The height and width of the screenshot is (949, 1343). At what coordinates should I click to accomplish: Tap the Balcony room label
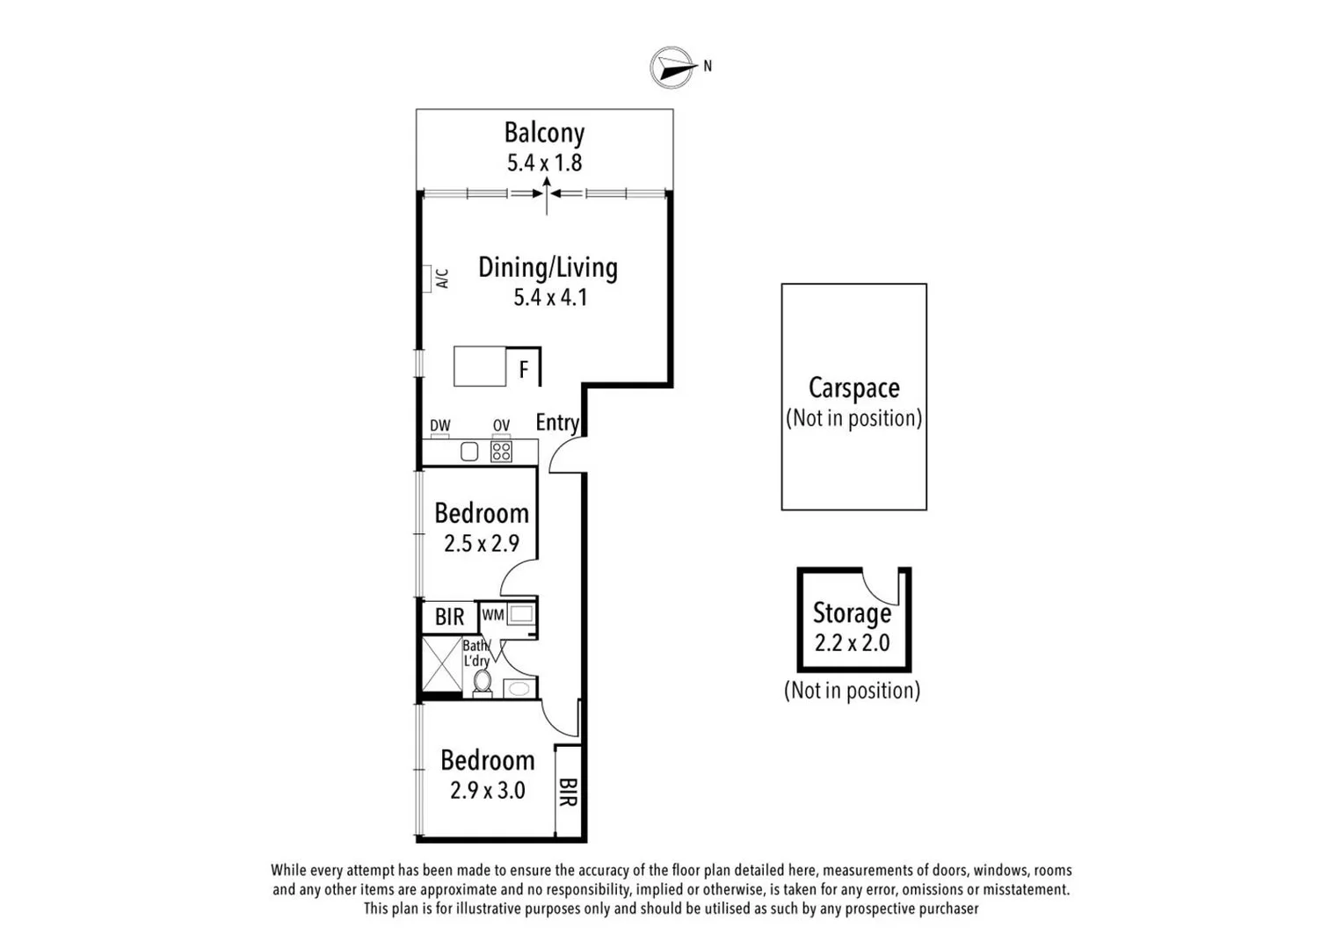click(544, 133)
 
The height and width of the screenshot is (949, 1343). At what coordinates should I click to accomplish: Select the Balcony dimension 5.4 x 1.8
click(544, 163)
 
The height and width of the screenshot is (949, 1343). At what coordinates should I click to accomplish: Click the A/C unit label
click(442, 279)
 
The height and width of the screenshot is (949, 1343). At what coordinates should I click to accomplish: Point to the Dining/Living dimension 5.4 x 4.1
click(550, 297)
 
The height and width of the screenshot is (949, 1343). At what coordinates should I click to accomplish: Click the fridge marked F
click(524, 369)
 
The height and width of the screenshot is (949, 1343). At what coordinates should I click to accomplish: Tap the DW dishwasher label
click(440, 426)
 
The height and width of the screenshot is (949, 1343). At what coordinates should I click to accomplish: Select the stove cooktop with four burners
click(501, 452)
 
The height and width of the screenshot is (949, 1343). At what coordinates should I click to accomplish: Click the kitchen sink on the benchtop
click(469, 452)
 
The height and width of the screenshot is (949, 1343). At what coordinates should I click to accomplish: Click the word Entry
click(557, 423)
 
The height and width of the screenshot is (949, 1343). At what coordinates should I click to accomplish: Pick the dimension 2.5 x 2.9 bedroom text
click(482, 543)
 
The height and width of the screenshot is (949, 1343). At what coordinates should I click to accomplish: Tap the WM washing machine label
click(492, 615)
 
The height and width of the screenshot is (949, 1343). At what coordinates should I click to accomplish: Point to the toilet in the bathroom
click(482, 682)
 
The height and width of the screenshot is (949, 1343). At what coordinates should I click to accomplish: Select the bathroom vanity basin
click(519, 688)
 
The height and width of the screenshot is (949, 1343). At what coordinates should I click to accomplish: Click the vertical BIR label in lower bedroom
click(568, 793)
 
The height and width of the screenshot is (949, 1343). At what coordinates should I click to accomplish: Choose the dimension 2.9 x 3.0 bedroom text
click(488, 790)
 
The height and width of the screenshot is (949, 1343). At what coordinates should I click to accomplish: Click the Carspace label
click(853, 388)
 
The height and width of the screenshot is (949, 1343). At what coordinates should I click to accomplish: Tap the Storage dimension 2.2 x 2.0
click(852, 643)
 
